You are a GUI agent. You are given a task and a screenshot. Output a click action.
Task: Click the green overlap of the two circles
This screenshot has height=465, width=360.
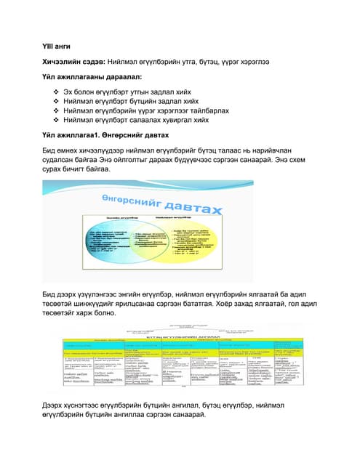click(166, 247)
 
